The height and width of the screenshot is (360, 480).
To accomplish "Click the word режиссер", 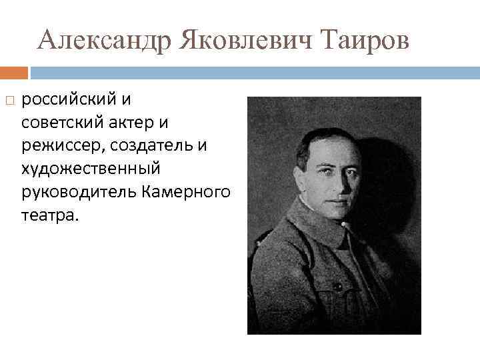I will click(x=59, y=146).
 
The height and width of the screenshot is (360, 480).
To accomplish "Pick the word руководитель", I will click(x=79, y=192).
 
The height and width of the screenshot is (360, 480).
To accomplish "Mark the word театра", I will click(x=49, y=215).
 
